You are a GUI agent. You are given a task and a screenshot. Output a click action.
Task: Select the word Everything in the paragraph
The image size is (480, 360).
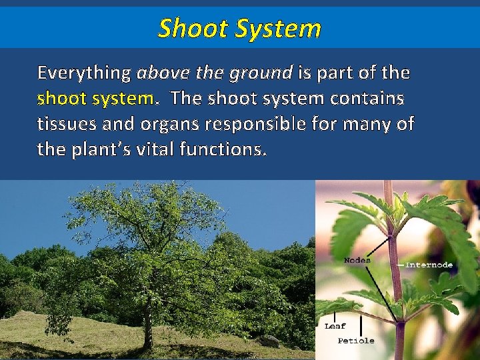point(84,73)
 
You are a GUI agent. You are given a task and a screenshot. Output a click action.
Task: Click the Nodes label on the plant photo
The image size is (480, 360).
point(357,259)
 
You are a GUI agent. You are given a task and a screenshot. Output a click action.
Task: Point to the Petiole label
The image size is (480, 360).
point(356,341)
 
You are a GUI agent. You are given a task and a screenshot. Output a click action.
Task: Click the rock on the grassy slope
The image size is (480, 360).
point(269,341)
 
